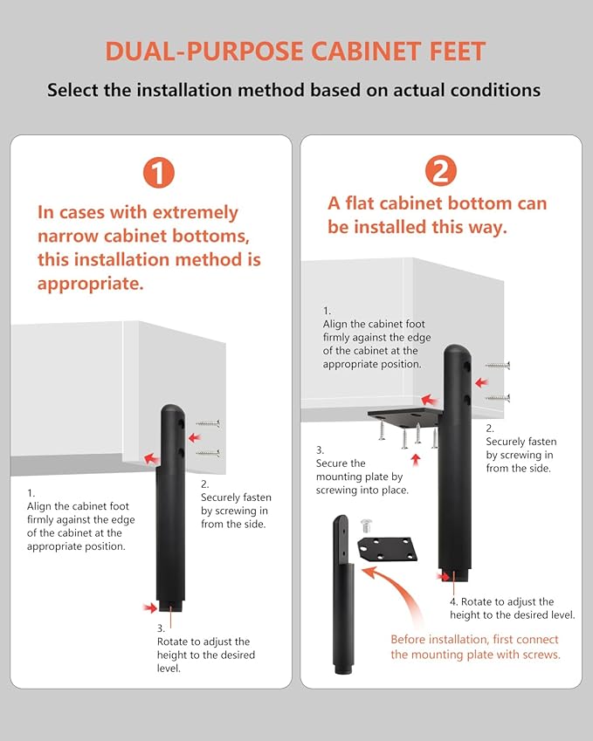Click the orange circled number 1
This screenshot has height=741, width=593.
point(159,173)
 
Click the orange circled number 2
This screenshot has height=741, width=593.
point(441,170)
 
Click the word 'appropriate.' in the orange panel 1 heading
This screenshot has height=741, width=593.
point(90,284)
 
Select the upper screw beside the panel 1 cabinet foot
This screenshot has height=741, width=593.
point(208,423)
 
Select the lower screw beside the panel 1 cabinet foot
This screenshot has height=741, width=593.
point(208,453)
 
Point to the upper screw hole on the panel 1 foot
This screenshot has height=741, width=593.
point(181,423)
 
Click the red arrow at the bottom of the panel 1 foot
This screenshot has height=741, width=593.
point(150,607)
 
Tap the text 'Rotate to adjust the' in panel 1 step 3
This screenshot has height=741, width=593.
point(203,642)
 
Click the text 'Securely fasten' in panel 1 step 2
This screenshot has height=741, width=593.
point(236,497)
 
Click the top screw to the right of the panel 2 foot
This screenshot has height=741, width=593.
point(498,365)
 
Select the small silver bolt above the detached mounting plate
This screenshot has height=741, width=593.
point(367,525)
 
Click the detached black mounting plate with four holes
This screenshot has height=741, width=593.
point(388,549)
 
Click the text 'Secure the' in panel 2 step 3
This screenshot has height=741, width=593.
point(341,463)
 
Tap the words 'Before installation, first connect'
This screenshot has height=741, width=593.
point(474,640)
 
